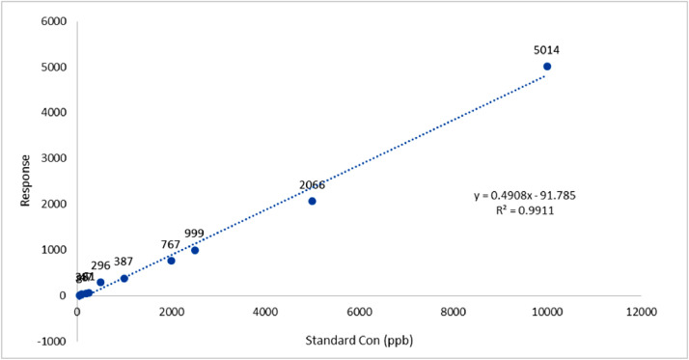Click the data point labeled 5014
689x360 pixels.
[547, 67]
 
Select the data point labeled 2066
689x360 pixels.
[312, 201]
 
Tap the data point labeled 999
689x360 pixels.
[195, 250]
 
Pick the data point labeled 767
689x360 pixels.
[171, 261]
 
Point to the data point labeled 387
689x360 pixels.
[124, 278]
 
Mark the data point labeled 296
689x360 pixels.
[100, 282]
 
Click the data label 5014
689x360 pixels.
[546, 50]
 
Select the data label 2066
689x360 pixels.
[312, 185]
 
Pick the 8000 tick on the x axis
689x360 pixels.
[454, 312]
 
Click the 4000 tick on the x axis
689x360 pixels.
[265, 312]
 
